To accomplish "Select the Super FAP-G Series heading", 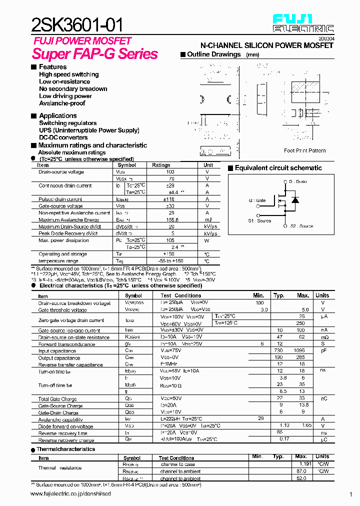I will (x=95, y=54).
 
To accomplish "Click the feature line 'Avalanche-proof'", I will (x=62, y=103).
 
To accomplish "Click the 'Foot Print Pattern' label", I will (x=304, y=150).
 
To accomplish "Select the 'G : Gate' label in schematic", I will (x=257, y=200).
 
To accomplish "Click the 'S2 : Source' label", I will (x=301, y=226).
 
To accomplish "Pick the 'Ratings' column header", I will (x=161, y=165).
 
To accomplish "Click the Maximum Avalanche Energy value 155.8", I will (x=172, y=220).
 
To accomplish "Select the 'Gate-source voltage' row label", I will (x=60, y=206).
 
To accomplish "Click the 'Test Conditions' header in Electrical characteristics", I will (x=181, y=295).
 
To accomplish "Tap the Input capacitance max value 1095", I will (x=299, y=350).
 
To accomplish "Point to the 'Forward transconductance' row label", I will (x=66, y=344).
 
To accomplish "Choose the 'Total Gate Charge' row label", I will (x=57, y=399).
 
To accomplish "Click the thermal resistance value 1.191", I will (x=301, y=464).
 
